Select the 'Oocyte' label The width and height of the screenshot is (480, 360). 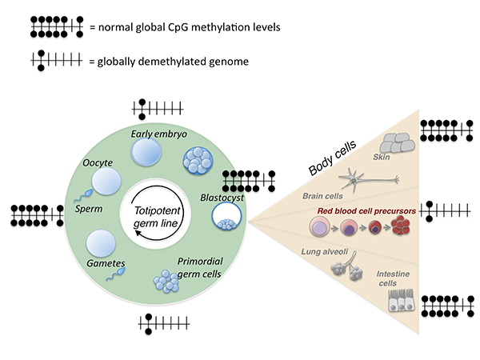pos(98,164)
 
